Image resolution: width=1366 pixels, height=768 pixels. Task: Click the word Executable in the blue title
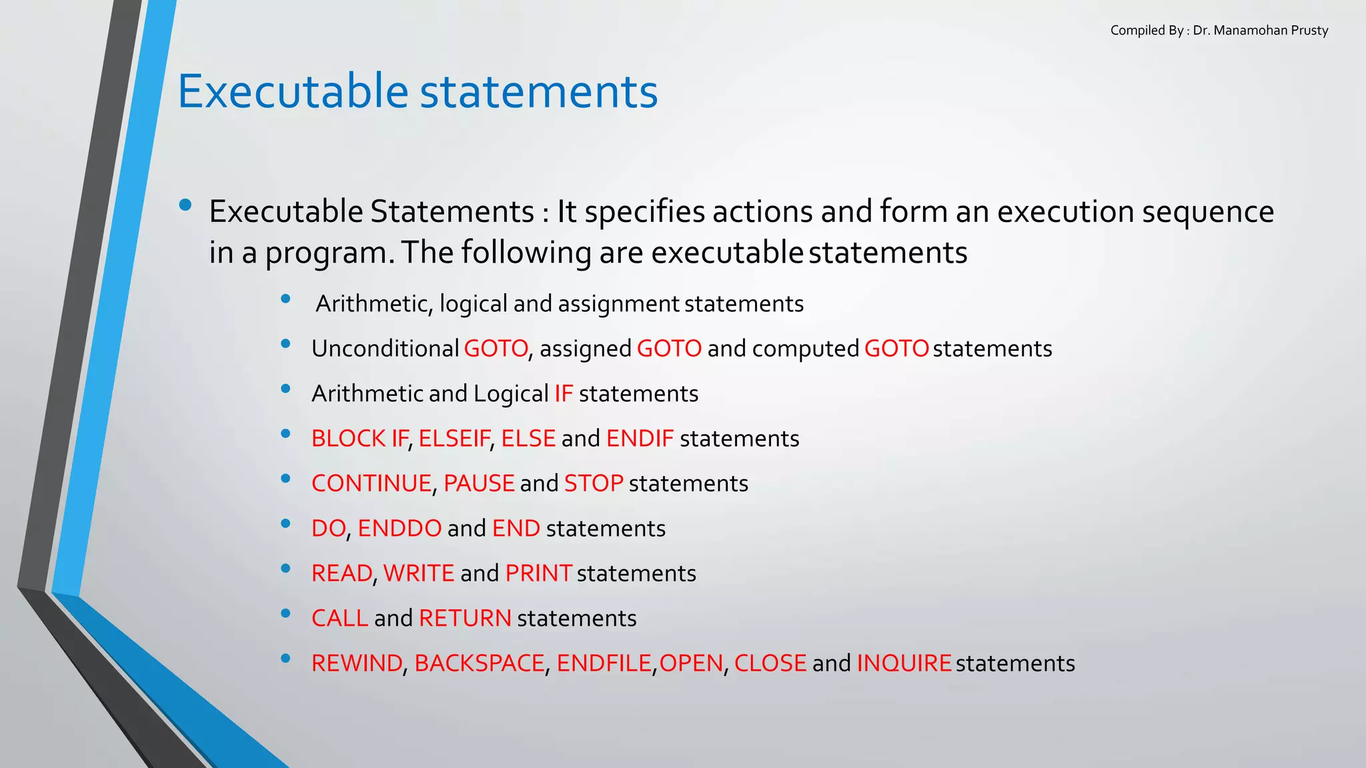point(292,91)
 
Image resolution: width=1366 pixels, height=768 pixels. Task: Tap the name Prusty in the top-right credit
point(1309,31)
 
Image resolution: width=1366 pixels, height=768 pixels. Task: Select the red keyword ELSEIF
point(454,439)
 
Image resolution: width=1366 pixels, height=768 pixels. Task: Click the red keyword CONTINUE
point(372,483)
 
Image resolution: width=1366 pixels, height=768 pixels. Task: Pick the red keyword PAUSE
point(479,483)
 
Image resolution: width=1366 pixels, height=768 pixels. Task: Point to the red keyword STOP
point(594,483)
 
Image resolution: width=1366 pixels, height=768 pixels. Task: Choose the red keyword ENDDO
point(400,529)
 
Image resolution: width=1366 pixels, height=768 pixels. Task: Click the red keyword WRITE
point(419,573)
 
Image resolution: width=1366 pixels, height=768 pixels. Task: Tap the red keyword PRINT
point(538,573)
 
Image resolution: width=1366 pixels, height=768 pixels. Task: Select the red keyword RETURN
point(465,619)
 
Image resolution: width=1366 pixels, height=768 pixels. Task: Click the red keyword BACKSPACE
point(480,663)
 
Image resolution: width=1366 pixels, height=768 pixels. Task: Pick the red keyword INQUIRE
point(904,663)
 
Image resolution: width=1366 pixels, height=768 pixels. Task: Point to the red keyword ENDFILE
point(604,663)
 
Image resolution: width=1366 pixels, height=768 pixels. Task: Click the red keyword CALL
point(339,619)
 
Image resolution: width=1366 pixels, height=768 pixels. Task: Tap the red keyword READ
point(341,573)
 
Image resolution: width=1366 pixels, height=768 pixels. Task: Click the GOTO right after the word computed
point(896,349)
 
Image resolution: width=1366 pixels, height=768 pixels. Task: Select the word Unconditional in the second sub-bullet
point(385,349)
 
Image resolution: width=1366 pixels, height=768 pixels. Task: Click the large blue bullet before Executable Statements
point(185,205)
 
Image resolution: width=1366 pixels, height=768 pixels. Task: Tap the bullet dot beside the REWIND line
point(285,659)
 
